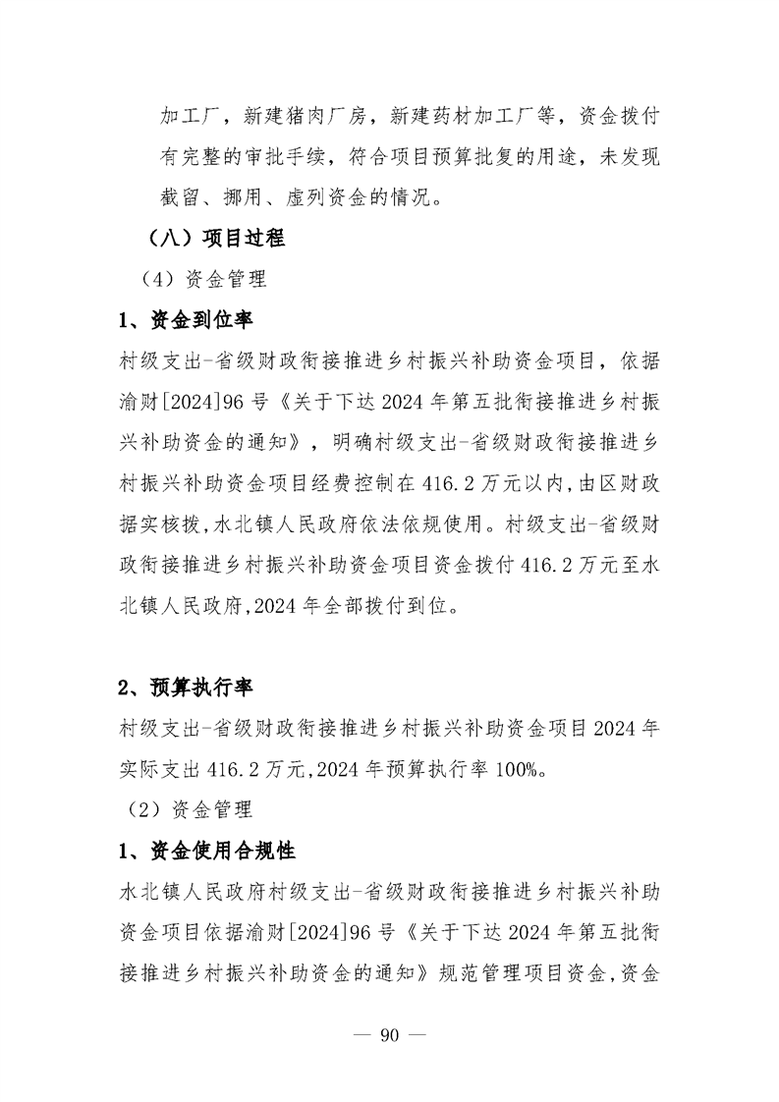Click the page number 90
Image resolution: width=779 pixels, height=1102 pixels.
(x=390, y=1037)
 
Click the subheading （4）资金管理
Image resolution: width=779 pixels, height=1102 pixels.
(x=204, y=279)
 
